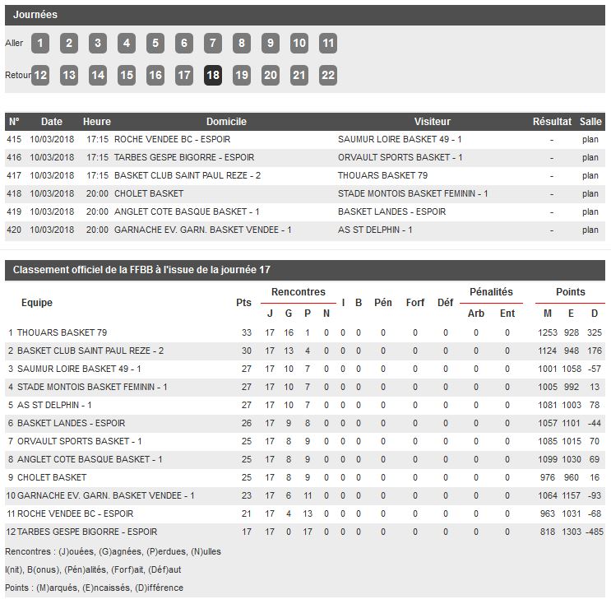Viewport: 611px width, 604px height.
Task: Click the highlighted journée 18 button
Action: (212, 75)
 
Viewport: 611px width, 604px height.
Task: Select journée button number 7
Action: (212, 44)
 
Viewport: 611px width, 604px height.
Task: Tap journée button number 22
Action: (327, 75)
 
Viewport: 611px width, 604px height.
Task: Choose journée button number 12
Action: (40, 75)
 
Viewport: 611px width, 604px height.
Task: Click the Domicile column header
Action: (226, 122)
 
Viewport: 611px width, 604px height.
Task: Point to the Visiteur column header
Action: (433, 122)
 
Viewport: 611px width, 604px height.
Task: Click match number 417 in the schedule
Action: (14, 175)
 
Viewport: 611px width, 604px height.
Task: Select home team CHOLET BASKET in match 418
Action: (149, 193)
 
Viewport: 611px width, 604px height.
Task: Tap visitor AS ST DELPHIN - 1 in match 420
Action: (375, 230)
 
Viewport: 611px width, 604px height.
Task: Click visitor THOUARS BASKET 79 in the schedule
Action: (382, 175)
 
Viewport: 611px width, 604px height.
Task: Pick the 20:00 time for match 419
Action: (97, 211)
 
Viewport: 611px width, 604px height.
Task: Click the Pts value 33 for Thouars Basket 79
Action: (246, 332)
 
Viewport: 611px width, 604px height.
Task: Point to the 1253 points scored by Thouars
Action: (548, 332)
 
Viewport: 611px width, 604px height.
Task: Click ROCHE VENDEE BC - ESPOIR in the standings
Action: (75, 513)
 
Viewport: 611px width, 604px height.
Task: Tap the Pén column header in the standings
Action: (382, 302)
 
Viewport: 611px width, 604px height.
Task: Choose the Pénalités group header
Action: (491, 292)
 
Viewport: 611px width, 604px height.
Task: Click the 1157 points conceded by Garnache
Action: (571, 495)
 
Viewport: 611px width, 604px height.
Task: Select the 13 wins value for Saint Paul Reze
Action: (289, 351)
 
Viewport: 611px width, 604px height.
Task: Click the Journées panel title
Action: (35, 15)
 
